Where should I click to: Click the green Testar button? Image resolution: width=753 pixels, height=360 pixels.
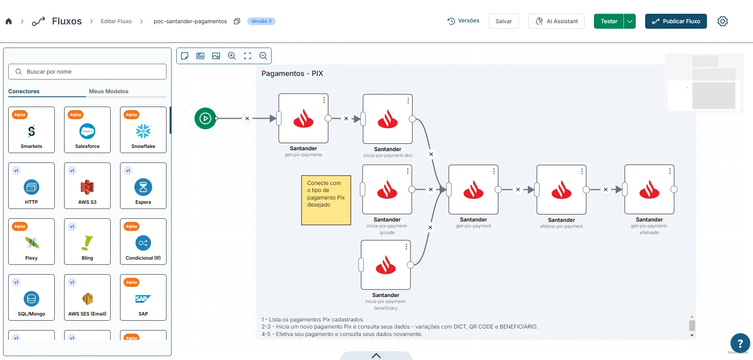click(609, 21)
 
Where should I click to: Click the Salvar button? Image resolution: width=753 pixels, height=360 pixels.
click(503, 21)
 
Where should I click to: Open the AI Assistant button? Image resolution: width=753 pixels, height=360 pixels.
click(556, 21)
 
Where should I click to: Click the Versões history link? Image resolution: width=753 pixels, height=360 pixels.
click(463, 21)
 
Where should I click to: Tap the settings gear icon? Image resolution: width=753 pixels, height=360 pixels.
click(723, 21)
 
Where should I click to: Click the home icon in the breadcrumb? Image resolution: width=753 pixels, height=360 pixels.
click(9, 21)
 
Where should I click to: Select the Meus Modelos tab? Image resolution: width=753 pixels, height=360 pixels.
click(109, 91)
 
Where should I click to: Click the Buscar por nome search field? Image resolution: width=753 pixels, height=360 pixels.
click(87, 72)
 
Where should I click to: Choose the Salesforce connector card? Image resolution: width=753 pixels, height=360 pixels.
click(87, 130)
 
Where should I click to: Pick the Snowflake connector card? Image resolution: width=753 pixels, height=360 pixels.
click(143, 130)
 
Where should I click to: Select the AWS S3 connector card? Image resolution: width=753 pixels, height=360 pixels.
click(87, 186)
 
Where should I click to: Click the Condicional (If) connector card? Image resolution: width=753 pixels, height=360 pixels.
click(143, 242)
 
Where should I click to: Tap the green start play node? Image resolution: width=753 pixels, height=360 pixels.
click(205, 118)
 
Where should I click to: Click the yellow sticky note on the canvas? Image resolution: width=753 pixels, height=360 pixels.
click(326, 200)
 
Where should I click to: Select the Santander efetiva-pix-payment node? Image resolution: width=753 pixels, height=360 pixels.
click(561, 190)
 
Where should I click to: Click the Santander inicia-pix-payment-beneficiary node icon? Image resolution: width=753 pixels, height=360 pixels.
click(386, 265)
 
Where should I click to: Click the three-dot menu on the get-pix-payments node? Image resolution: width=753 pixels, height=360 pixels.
click(324, 100)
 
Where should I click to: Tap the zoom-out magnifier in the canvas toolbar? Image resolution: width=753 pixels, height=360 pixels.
click(263, 56)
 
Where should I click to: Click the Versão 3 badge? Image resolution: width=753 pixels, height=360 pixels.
click(261, 21)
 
